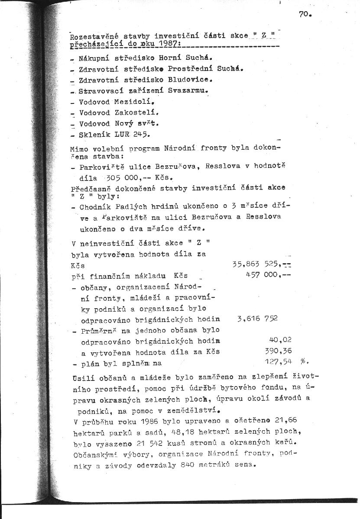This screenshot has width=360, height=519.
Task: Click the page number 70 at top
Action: pos(305,14)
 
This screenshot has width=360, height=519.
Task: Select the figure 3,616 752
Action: pos(257,319)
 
